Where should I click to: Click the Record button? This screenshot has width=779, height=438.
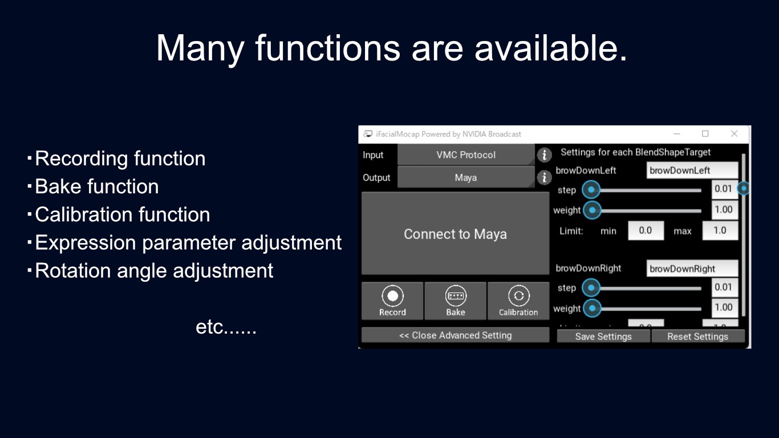(392, 301)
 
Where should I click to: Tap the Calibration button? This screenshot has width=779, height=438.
(518, 301)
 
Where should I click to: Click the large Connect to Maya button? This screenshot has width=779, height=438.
(455, 234)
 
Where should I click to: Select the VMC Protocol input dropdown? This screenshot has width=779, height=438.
(466, 155)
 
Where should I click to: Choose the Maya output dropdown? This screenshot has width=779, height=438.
(466, 177)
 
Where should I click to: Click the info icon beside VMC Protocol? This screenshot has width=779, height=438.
(545, 155)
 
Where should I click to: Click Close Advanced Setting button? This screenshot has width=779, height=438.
(455, 335)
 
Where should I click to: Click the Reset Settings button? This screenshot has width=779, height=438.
(697, 336)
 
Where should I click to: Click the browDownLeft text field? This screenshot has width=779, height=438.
(692, 171)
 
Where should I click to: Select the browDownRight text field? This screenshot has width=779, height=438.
(692, 269)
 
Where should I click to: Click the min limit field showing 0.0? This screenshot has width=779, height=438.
(646, 230)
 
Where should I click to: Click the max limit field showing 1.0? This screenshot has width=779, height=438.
(720, 230)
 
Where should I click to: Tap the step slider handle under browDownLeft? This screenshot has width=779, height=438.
(591, 189)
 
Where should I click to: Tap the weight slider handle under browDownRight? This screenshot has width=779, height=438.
(593, 309)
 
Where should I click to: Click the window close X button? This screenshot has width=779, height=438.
(734, 134)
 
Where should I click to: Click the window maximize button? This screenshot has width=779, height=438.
(705, 134)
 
